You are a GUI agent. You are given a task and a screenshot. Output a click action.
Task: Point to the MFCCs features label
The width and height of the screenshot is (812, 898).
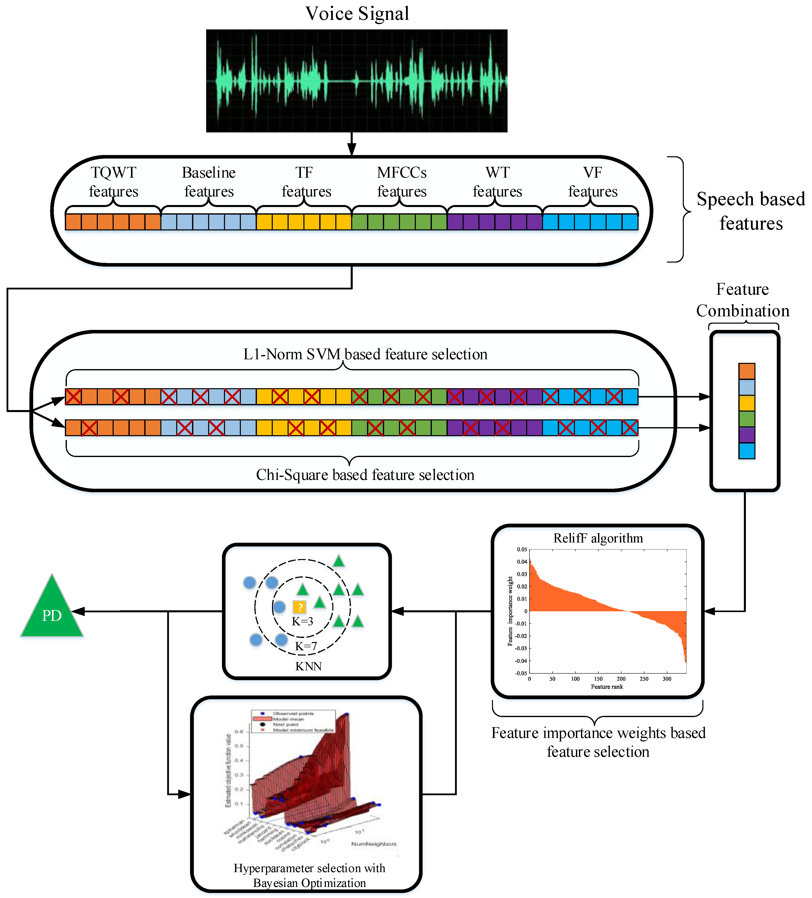(401, 182)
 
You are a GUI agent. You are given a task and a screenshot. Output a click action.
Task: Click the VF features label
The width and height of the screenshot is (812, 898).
(593, 182)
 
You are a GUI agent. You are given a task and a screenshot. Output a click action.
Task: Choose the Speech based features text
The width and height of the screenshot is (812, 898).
(751, 211)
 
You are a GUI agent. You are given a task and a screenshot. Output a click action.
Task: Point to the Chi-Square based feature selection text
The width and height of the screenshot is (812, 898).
(365, 475)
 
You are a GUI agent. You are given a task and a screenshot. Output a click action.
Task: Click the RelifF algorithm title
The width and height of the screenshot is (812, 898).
(598, 538)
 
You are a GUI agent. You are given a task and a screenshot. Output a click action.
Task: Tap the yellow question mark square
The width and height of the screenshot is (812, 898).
(299, 607)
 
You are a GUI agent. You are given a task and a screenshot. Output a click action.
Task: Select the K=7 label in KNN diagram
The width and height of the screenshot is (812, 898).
(306, 646)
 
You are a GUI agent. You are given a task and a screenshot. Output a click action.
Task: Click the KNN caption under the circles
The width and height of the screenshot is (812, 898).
(308, 666)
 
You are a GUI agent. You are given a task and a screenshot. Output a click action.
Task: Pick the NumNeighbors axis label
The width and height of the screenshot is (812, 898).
(374, 844)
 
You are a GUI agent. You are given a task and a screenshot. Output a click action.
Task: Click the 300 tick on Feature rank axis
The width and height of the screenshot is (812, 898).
(667, 679)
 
